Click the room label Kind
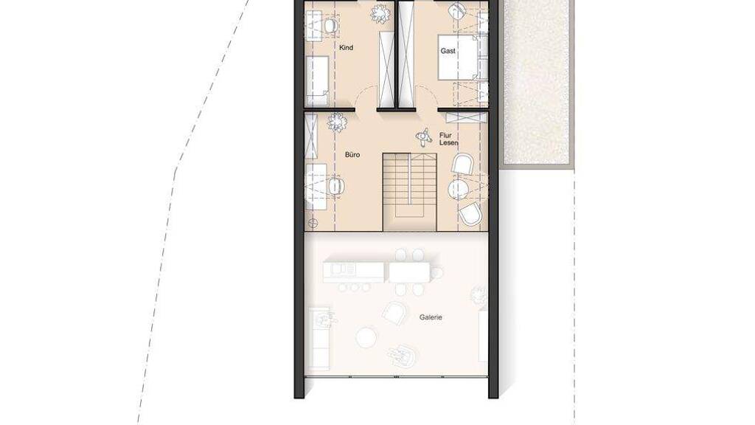pos(347,48)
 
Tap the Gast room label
pos(448,51)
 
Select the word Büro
pos(352,155)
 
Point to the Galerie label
pos(431,317)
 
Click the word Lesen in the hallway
pos(449,142)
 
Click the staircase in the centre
pos(410,193)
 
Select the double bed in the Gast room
pos(458,56)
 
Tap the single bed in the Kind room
pos(317,80)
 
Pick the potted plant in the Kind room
pos(380,13)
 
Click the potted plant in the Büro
pos(336,122)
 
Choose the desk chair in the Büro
pos(336,186)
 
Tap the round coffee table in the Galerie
pos(366,337)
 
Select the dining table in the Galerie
pos(409,272)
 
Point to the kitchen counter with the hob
pos(354,272)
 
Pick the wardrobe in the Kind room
pos(386,69)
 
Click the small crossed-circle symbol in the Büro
pos(313,223)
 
